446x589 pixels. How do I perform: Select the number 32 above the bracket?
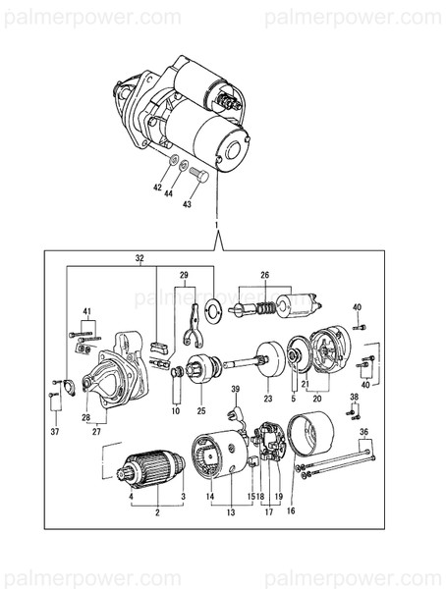click(139, 259)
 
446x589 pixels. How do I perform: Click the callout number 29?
click(183, 276)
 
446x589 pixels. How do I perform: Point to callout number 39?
click(236, 390)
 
